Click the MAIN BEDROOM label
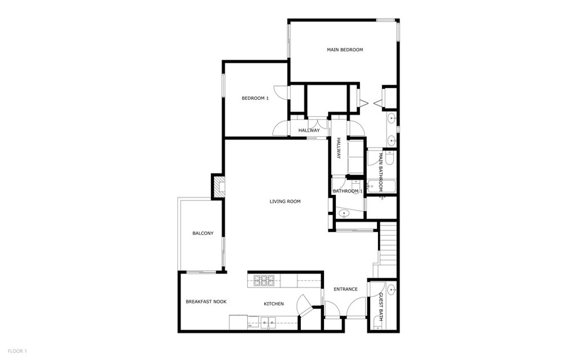point(345,50)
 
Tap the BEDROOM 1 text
point(255,98)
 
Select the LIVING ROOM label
point(285,201)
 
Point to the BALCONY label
point(203,233)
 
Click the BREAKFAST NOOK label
point(206,302)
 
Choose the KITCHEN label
point(274,304)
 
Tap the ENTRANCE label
point(345,290)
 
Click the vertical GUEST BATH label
point(381,306)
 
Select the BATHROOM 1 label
point(348,192)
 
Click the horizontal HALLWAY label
point(309,131)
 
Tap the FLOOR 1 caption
point(17,351)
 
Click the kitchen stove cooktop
point(264,281)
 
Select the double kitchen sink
point(269,322)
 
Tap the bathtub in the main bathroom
point(381,186)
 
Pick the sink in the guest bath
point(392,290)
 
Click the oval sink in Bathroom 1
point(344,214)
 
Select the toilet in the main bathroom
point(390,158)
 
